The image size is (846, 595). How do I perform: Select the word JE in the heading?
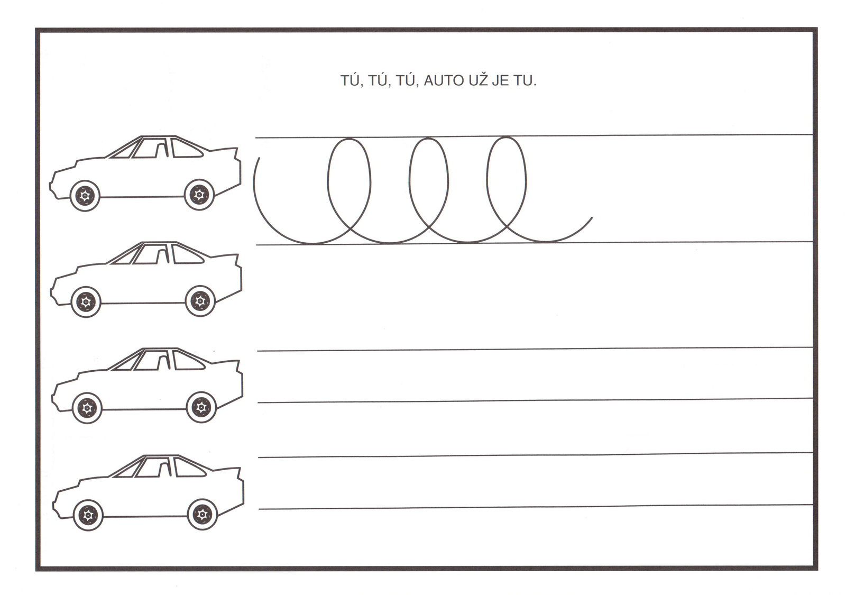click(501, 81)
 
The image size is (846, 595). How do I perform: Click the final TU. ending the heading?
click(525, 81)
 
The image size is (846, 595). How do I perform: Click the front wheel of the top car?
click(85, 196)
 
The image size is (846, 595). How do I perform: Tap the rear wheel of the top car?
click(199, 195)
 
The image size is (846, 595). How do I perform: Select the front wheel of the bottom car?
click(88, 515)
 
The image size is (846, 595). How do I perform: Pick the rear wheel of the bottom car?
click(203, 514)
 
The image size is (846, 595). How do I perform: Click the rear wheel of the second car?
click(200, 301)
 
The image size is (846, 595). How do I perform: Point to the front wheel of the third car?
click(87, 408)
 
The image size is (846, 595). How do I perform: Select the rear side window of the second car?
click(187, 254)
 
